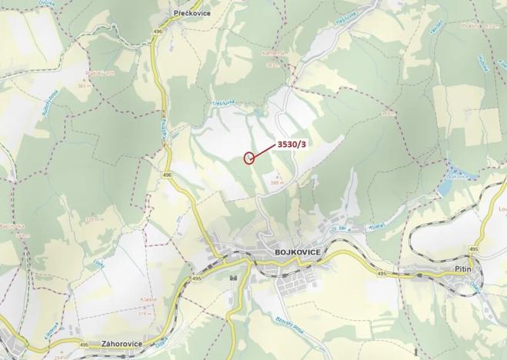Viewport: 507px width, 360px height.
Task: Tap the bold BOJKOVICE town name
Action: click(x=297, y=252)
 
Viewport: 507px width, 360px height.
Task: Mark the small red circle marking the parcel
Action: click(x=248, y=158)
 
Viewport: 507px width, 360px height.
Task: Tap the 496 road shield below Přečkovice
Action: click(x=158, y=31)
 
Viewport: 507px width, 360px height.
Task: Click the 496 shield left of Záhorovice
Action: click(x=84, y=345)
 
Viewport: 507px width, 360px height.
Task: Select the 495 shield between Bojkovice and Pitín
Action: click(x=382, y=273)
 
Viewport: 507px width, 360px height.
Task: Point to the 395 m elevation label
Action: click(x=278, y=183)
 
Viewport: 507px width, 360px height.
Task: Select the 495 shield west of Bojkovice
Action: click(x=198, y=278)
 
